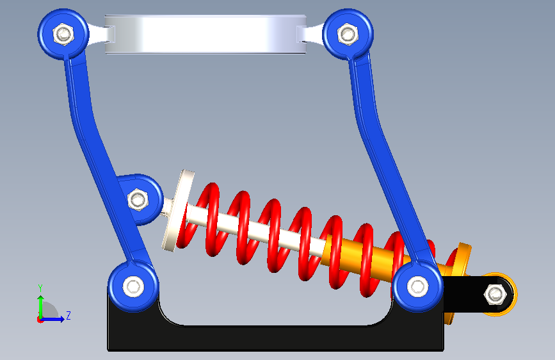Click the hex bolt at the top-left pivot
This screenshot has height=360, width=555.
63,35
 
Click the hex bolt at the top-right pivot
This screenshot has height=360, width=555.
348,35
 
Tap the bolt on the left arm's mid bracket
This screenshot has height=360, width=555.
138,200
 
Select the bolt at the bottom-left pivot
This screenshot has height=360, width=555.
133,286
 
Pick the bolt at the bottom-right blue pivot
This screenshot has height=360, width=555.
417,286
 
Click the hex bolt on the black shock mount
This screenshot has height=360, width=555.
495,294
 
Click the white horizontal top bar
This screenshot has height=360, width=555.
205,35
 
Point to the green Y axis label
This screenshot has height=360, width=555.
40,288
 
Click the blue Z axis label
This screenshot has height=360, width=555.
68,315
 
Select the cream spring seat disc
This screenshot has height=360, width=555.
178,211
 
